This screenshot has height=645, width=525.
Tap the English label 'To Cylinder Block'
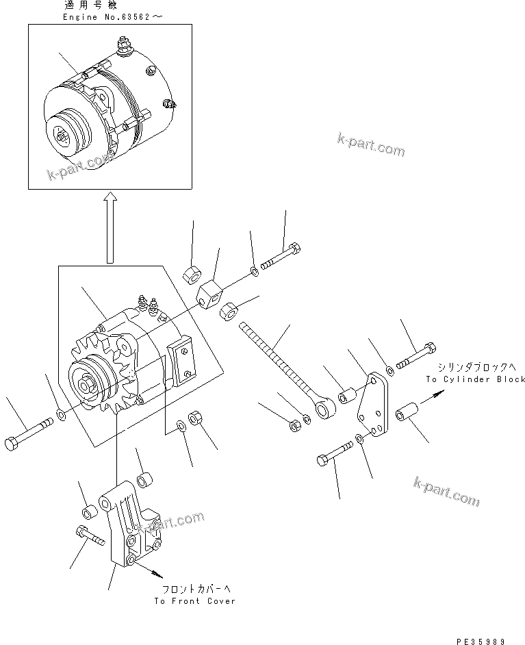coord(475,379)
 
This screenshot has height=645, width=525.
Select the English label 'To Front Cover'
coord(194,600)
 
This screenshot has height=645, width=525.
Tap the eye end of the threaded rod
coord(322,409)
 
